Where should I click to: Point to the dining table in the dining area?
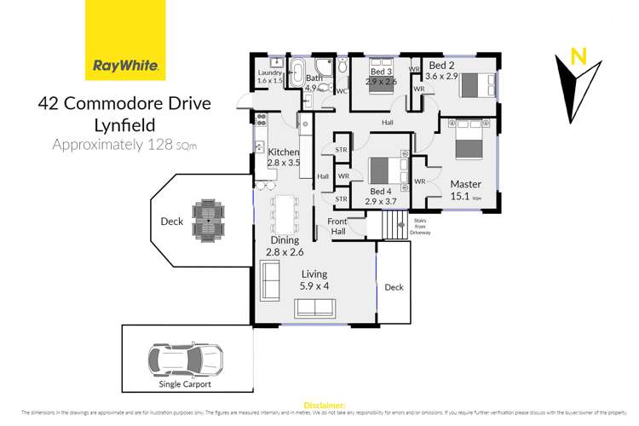[283, 217]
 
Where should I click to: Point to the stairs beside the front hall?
[393, 226]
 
